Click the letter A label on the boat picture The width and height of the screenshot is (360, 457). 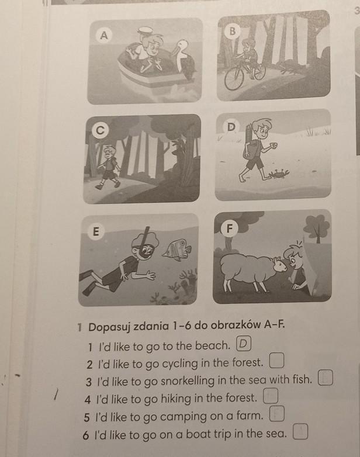pyautogui.click(x=104, y=35)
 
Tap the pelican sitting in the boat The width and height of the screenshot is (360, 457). pyautogui.click(x=184, y=58)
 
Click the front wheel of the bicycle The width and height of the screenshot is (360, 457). pyautogui.click(x=234, y=79)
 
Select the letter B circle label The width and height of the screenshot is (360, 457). pyautogui.click(x=232, y=31)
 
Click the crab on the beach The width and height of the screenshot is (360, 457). pyautogui.click(x=279, y=174)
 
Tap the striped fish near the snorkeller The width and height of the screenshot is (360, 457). pyautogui.click(x=177, y=248)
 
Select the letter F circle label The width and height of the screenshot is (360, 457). pyautogui.click(x=230, y=228)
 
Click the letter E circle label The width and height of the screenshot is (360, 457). pyautogui.click(x=96, y=231)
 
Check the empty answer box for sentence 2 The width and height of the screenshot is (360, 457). pyautogui.click(x=276, y=361)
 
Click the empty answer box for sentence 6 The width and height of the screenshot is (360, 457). pyautogui.click(x=300, y=432)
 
